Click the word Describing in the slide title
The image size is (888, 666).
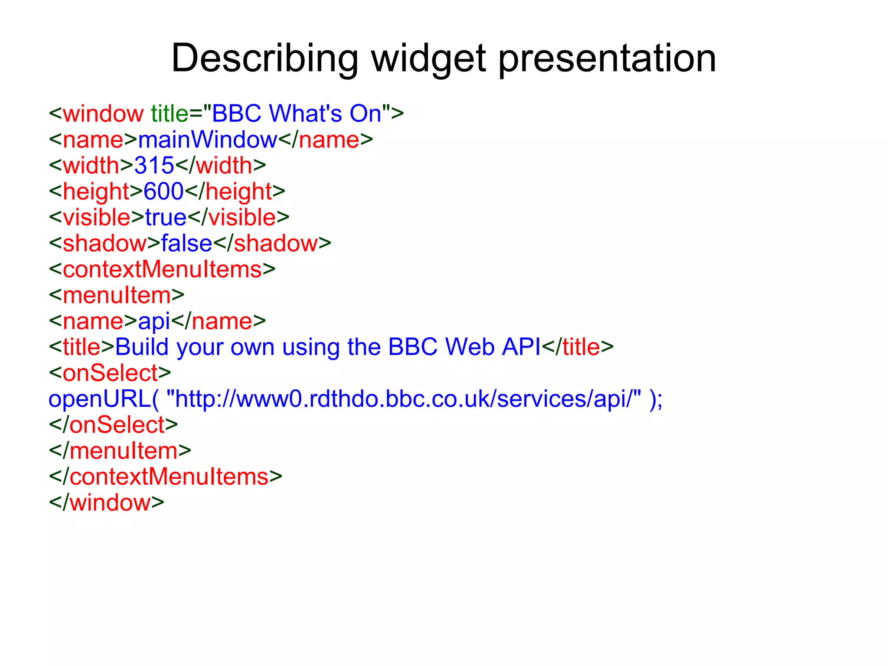coord(264,59)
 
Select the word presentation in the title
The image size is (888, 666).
coord(607,59)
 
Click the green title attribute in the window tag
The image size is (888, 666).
coord(170,114)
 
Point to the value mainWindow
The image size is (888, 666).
coord(208,140)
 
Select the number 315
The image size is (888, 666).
coord(154,166)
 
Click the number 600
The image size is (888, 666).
coord(163,192)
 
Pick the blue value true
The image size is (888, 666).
coord(166,218)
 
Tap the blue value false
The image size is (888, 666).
coord(186,244)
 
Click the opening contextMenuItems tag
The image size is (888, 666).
coord(162,269)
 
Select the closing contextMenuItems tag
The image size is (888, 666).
coord(166,477)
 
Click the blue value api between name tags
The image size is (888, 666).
coord(154,322)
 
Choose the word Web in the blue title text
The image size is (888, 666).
coord(470,347)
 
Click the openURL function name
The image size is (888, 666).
coord(99,399)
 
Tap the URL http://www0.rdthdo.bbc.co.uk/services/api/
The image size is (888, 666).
coord(403,399)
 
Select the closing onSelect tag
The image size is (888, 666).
coord(114,425)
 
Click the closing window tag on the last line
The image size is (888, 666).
coord(107,503)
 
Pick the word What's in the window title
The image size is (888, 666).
coord(306,114)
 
